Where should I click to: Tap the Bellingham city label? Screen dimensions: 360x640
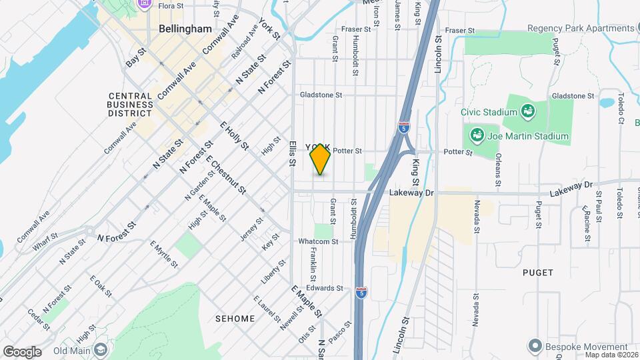185,29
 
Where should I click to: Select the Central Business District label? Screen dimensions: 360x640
130,104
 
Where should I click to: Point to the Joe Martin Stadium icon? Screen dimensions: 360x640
477,137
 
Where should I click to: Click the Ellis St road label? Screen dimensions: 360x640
292,153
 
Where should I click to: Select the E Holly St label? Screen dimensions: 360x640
234,135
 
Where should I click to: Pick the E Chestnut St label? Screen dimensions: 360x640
227,176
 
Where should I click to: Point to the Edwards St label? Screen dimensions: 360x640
325,289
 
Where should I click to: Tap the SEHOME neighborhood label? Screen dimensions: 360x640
235,319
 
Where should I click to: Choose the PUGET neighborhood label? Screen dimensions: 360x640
538,273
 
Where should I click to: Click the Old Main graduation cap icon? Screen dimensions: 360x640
100,350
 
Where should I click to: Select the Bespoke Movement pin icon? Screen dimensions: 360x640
533,347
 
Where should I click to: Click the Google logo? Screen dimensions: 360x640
22,352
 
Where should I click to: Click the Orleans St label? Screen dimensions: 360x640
498,169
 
